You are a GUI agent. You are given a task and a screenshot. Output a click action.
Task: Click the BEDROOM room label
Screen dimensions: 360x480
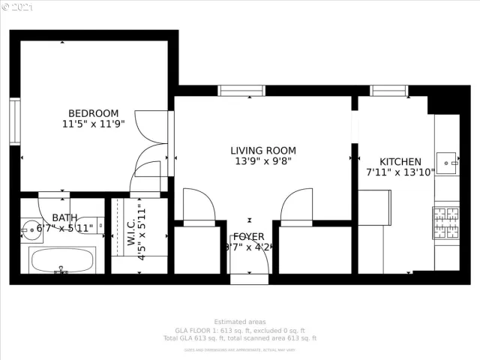pos(93,113)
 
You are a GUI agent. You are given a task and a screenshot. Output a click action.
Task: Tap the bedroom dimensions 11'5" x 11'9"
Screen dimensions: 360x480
pos(93,124)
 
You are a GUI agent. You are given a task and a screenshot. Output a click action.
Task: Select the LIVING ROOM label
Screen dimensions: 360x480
pos(262,150)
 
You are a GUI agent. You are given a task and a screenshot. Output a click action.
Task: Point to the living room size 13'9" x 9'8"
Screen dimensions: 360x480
pos(262,161)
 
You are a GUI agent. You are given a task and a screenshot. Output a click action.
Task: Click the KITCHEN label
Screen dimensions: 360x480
pos(400,161)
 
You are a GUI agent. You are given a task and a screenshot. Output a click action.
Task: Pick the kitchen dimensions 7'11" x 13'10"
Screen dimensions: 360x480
pos(400,172)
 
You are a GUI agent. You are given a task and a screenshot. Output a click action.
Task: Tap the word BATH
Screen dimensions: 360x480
pos(64,217)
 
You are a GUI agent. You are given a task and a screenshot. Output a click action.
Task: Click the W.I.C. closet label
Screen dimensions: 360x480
pos(130,232)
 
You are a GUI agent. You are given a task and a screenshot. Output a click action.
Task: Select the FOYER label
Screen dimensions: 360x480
pos(248,237)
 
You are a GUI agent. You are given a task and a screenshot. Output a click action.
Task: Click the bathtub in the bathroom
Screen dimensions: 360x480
pos(62,261)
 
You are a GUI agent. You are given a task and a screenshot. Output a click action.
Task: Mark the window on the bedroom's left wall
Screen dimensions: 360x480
pos(14,121)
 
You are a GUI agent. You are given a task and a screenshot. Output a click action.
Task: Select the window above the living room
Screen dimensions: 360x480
pos(241,91)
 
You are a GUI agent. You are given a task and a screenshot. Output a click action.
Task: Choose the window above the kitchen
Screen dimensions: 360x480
pos(389,91)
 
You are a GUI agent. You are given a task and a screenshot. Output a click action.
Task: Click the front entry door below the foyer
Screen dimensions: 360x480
pos(249,279)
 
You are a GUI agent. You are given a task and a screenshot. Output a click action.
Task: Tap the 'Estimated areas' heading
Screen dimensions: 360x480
pos(240,322)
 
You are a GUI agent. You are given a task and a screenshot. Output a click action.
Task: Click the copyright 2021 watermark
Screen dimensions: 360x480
pos(19,7)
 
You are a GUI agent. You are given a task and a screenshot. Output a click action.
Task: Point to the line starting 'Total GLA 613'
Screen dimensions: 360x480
pos(240,338)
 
